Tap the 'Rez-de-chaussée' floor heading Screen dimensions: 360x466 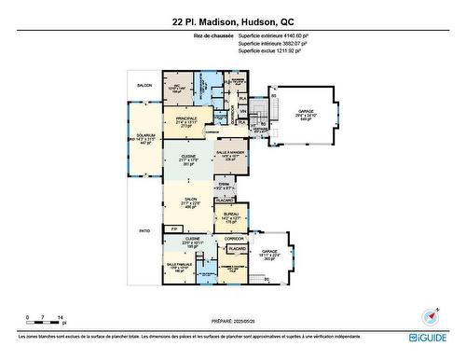pyautogui.click(x=212, y=37)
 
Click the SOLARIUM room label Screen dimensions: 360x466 pyautogui.click(x=144, y=138)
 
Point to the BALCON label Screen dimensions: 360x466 pyautogui.click(x=144, y=86)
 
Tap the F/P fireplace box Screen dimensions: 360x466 pyautogui.click(x=173, y=229)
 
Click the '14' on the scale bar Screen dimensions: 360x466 pyautogui.click(x=62, y=318)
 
